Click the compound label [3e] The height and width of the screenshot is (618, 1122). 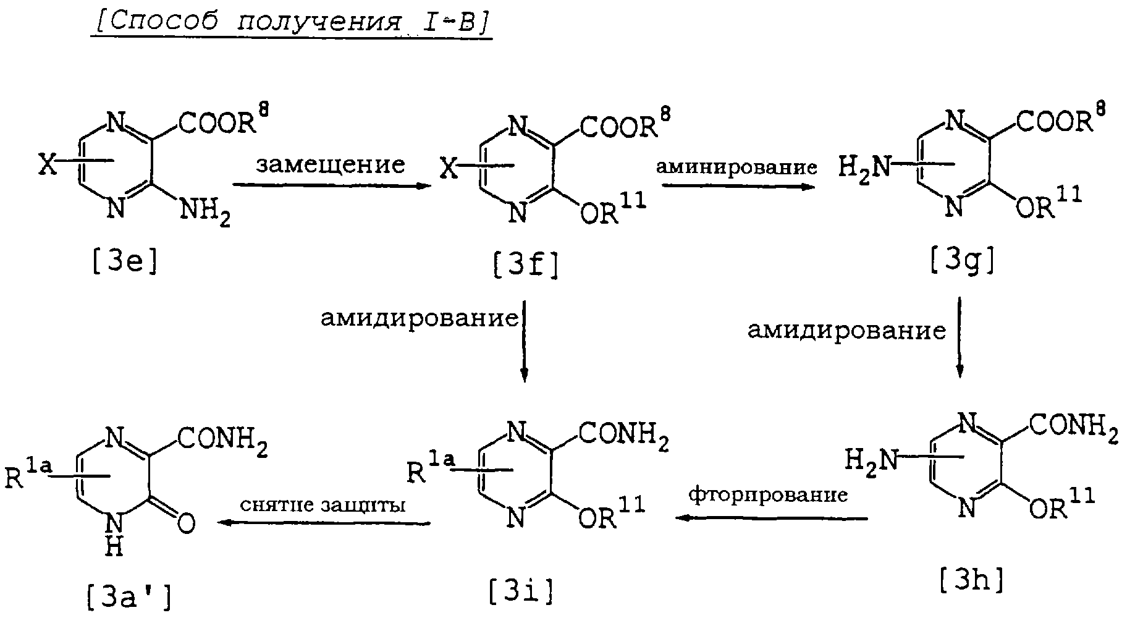pos(124,262)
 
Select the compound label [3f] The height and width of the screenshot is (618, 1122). pos(525,266)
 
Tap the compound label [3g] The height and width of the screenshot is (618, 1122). pos(962,263)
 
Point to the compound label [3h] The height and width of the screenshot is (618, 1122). pos(971,580)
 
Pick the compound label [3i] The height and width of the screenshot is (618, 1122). pos(520,592)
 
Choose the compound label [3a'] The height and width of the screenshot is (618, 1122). pos(128,598)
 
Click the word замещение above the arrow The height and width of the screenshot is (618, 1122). pos(331,164)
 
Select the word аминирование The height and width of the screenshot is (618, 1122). pos(736,167)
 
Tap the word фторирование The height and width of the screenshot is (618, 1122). pos(768,495)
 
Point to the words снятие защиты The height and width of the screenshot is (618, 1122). pos(323,505)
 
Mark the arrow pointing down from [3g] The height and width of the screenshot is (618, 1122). pos(959,337)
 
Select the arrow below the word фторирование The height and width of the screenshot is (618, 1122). pos(772,518)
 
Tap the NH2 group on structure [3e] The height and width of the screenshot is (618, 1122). pos(205,214)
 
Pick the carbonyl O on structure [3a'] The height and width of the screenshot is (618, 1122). pos(185,523)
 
